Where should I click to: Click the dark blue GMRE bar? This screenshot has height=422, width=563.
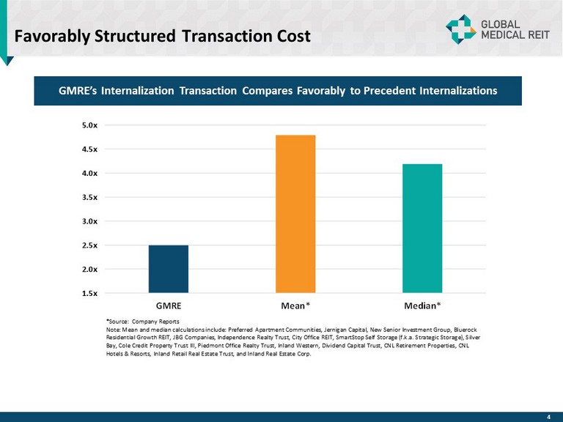tap(168, 269)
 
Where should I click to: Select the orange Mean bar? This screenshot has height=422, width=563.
tap(295, 214)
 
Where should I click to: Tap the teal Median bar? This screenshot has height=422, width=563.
tap(422, 228)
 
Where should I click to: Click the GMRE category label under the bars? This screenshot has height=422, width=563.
tap(169, 303)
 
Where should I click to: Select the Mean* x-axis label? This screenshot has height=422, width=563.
tap(295, 303)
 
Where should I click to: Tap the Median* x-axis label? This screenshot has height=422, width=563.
tap(423, 303)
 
